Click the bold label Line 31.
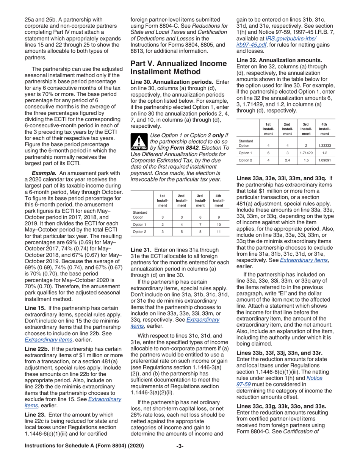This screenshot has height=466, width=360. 141,250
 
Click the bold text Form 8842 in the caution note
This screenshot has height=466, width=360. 182,147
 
